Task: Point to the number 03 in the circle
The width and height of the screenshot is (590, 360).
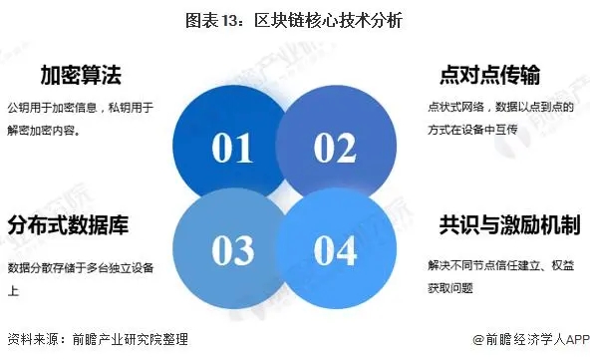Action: [x=231, y=250]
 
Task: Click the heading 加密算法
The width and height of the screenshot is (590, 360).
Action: [x=81, y=75]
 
